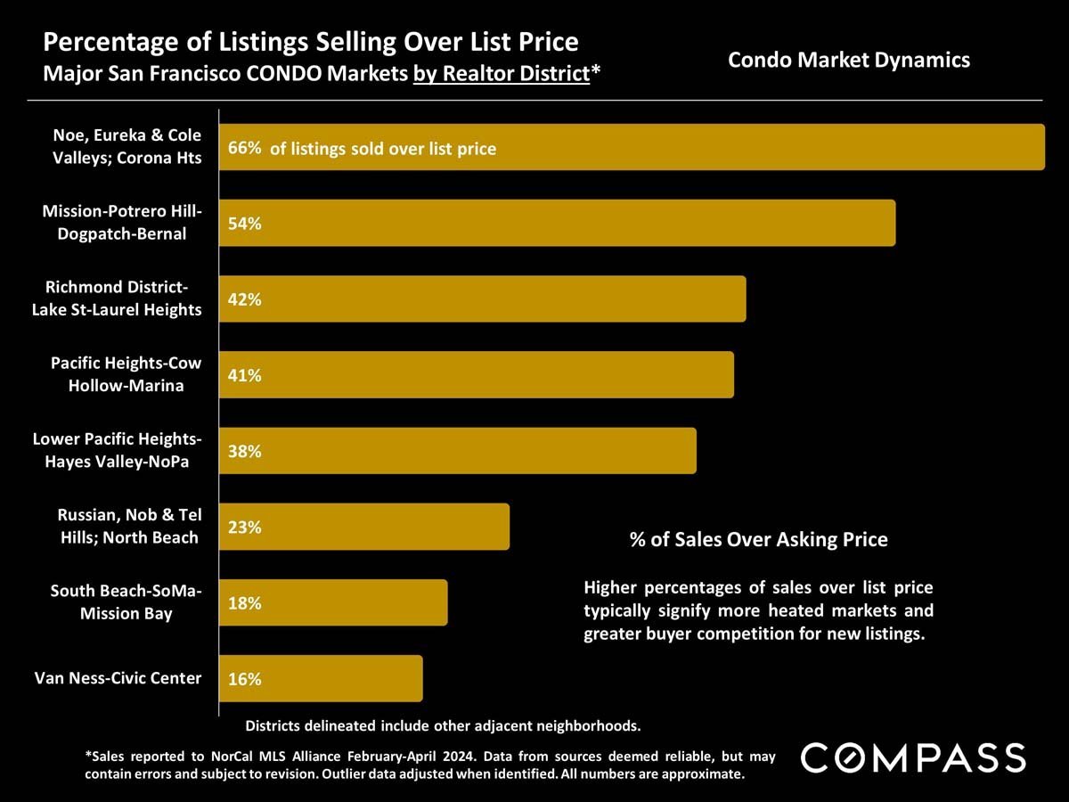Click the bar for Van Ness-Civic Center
click(x=321, y=679)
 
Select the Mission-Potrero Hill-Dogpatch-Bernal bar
click(x=557, y=223)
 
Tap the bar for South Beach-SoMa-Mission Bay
click(x=333, y=603)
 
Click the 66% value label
click(x=244, y=148)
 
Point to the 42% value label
click(x=244, y=299)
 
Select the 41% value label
click(x=244, y=375)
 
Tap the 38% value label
click(x=244, y=451)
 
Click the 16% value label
click(x=244, y=679)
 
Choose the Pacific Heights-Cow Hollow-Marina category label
click(x=126, y=374)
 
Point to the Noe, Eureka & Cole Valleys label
click(x=126, y=147)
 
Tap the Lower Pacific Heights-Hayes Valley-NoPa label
click(x=117, y=450)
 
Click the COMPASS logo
click(x=913, y=758)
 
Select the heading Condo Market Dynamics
click(x=848, y=61)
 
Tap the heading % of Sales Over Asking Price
click(x=758, y=539)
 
